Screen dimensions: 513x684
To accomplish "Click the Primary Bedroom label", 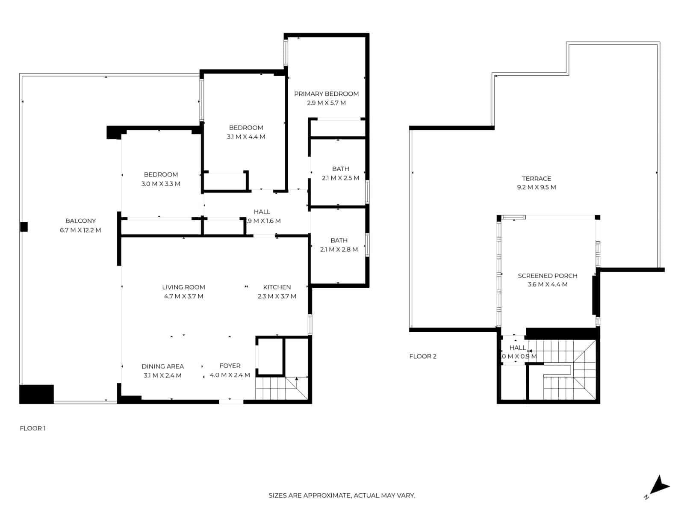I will [x=326, y=94].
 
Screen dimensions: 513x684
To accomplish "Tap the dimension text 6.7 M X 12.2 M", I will [x=80, y=230].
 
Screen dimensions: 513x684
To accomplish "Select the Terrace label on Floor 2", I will [x=536, y=178].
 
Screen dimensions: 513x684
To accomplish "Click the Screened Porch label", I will [x=547, y=276].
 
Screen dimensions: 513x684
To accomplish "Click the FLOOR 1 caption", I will [x=32, y=428].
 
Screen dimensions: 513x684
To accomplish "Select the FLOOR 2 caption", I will [x=422, y=356].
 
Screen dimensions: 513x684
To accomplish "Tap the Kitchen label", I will [x=277, y=287].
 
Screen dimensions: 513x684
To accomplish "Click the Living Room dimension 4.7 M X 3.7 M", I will [x=183, y=296].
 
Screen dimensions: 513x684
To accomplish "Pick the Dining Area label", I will [x=162, y=366].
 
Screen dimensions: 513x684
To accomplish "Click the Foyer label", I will [x=230, y=366].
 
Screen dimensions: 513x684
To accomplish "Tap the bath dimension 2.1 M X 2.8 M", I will [x=339, y=250].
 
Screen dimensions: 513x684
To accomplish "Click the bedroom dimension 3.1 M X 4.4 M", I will [x=246, y=137].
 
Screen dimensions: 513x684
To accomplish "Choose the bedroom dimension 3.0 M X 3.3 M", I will [x=161, y=184].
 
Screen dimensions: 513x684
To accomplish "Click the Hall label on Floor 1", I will [x=262, y=212].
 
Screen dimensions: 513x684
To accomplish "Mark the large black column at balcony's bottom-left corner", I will [x=36, y=394].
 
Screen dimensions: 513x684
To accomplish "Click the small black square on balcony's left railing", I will [x=24, y=227].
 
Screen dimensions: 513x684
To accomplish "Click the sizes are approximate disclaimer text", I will [x=342, y=495].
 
